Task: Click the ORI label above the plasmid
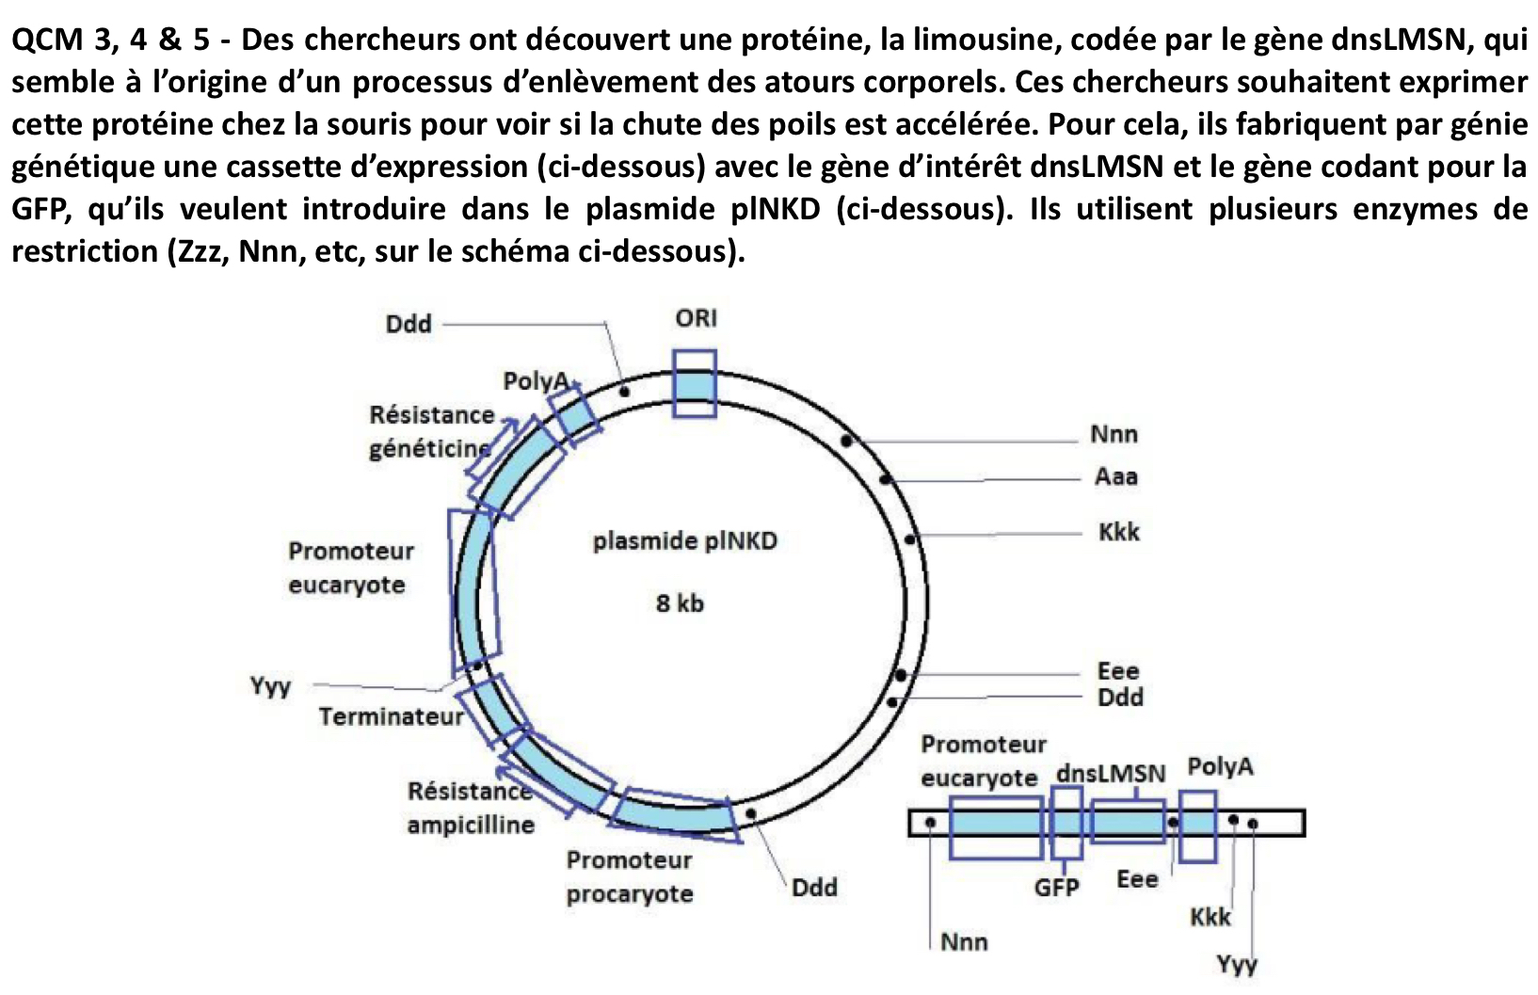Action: click(696, 318)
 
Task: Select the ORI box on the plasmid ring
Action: click(695, 384)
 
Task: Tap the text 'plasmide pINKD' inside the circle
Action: click(684, 541)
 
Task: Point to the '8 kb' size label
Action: click(680, 603)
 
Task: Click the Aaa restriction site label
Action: click(1115, 476)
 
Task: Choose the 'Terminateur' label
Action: click(391, 717)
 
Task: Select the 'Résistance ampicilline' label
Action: click(471, 808)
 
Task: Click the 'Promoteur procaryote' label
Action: click(630, 876)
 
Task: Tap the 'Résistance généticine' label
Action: click(431, 431)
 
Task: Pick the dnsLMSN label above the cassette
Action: click(1111, 774)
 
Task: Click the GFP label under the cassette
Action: click(1056, 887)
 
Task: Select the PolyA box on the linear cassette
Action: click(1198, 826)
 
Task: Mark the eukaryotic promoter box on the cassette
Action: click(996, 826)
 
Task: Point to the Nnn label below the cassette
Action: click(964, 941)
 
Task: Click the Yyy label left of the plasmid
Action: click(270, 686)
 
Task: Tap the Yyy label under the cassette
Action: click(1236, 965)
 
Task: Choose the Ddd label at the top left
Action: click(409, 324)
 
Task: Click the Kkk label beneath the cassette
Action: click(1210, 917)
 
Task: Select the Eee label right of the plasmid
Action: click(1118, 671)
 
